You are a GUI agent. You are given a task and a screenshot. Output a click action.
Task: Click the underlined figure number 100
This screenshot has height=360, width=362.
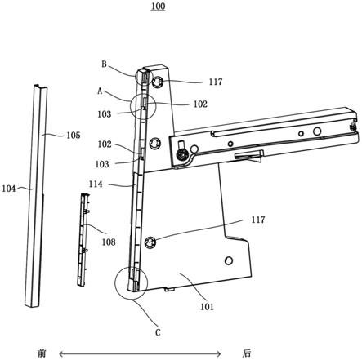click(x=159, y=6)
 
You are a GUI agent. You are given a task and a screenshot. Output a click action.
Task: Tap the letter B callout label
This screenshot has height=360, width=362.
click(x=105, y=64)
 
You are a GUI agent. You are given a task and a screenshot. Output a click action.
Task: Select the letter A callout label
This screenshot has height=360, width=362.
click(x=100, y=91)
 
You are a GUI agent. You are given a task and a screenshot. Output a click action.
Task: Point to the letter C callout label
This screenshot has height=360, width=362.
click(x=158, y=332)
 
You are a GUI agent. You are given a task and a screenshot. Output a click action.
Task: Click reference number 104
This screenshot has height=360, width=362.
click(x=9, y=189)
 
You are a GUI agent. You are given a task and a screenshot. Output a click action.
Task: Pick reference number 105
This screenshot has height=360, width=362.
click(x=74, y=136)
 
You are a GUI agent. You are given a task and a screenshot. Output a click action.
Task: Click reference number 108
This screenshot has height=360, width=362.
click(x=109, y=242)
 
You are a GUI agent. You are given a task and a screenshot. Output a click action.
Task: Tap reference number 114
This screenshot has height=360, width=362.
click(x=96, y=184)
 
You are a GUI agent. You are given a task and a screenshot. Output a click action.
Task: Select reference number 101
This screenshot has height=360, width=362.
click(x=207, y=307)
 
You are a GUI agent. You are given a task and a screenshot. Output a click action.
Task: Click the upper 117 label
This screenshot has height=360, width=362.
click(x=216, y=82)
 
